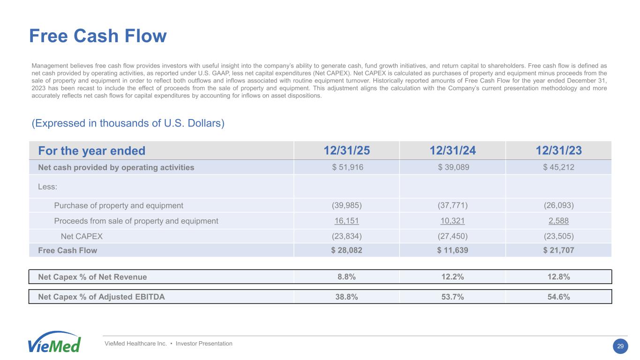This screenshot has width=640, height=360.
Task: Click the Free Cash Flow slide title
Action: click(x=98, y=36)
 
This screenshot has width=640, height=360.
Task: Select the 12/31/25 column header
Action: click(x=346, y=151)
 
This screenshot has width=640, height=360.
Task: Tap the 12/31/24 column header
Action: click(x=452, y=151)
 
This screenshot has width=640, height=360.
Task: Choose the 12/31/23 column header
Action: click(x=558, y=151)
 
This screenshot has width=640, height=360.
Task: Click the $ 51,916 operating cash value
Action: click(x=346, y=167)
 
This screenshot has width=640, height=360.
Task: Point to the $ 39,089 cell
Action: click(x=452, y=167)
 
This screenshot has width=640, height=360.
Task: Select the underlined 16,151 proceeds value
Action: click(x=346, y=221)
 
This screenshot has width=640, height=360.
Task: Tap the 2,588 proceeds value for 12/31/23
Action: click(x=558, y=221)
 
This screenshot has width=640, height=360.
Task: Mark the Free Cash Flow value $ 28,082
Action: click(x=346, y=250)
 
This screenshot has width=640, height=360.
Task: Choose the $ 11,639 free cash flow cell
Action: click(x=452, y=250)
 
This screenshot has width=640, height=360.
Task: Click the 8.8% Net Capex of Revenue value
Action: click(x=346, y=277)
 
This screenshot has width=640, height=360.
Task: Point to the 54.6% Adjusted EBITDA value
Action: click(x=558, y=297)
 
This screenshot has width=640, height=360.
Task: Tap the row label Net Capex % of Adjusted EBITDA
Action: click(x=101, y=297)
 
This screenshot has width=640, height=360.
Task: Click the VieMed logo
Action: click(x=54, y=343)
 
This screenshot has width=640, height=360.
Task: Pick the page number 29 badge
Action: click(x=620, y=346)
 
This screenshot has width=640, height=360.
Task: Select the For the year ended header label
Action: click(x=92, y=151)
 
